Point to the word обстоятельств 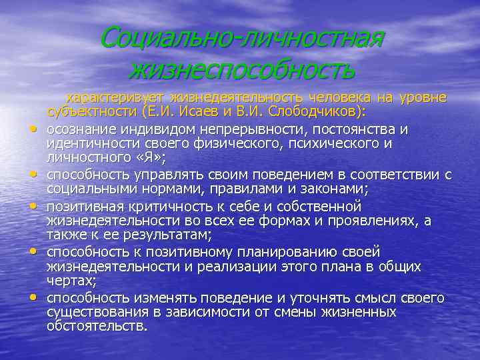click(x=97, y=326)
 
